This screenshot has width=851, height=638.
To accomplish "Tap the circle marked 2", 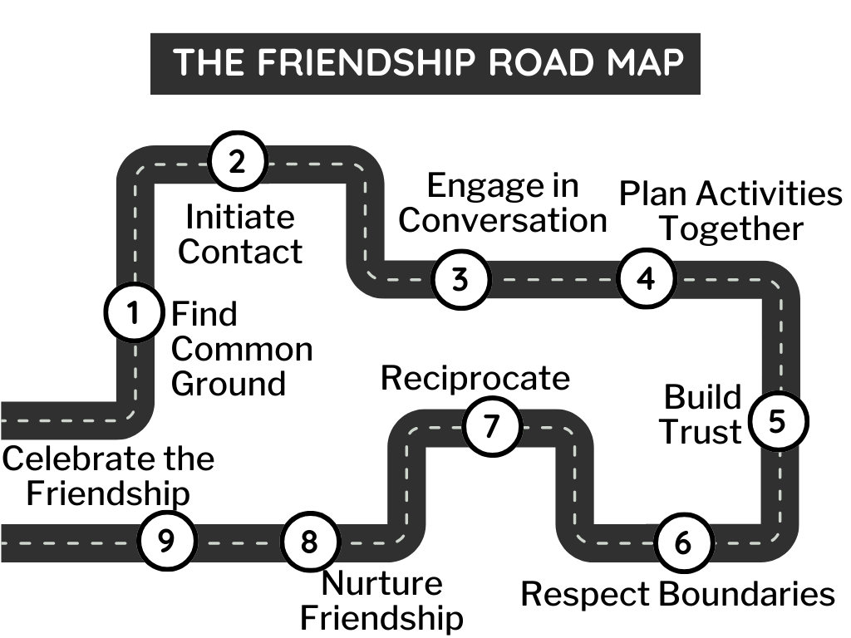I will click(237, 161).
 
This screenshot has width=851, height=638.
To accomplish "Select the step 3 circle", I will click(460, 279).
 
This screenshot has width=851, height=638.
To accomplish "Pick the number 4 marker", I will click(646, 278).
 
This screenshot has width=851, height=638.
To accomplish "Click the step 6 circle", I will click(682, 543).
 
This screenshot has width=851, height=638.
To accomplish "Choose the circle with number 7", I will click(492, 426).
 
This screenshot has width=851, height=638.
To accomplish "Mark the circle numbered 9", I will click(166, 541).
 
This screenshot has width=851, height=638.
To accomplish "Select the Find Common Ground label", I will click(241, 350).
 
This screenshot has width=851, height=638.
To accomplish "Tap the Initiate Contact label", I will click(240, 234).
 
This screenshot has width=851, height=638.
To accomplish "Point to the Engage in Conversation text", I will click(503, 204).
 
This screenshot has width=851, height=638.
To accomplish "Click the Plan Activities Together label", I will click(731, 211).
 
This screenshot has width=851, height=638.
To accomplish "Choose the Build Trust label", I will click(703, 415).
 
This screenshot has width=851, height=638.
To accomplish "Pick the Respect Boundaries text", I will click(677, 594).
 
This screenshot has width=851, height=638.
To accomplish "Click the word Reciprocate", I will click(475, 378).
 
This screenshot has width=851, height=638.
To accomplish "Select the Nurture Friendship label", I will click(381, 601).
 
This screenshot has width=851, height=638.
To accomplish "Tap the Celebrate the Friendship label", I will click(108, 476).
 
